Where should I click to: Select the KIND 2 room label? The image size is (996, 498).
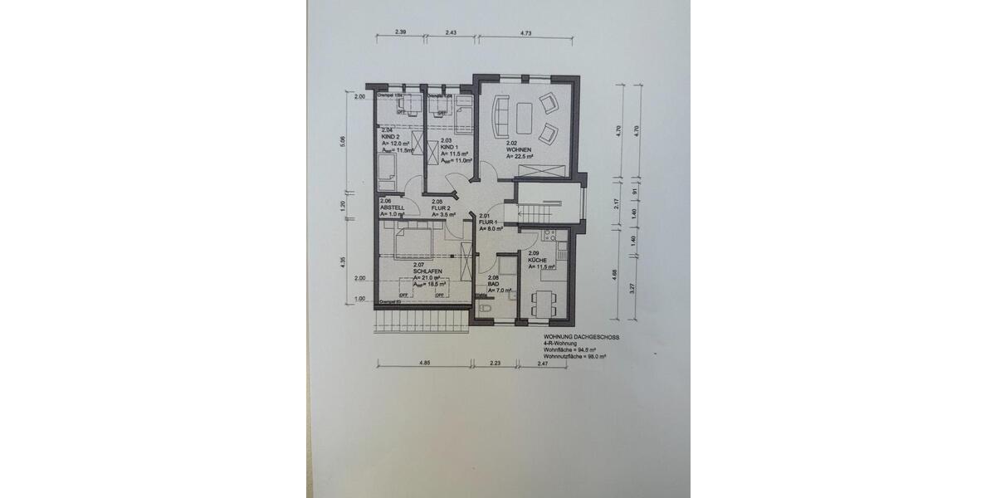[x=391, y=136]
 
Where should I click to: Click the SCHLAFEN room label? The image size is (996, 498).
[x=428, y=271]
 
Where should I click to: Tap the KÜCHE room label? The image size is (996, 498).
[x=541, y=260]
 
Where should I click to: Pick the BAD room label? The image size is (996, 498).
[x=493, y=284]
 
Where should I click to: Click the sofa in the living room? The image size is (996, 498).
[x=500, y=117]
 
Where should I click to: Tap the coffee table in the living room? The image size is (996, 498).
[x=525, y=117]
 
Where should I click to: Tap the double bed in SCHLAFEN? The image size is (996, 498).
[x=413, y=245]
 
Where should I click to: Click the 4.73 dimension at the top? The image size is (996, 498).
[x=525, y=32]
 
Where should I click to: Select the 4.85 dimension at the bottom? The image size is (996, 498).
[x=423, y=363]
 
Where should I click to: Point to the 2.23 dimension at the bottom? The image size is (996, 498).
[x=495, y=363]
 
